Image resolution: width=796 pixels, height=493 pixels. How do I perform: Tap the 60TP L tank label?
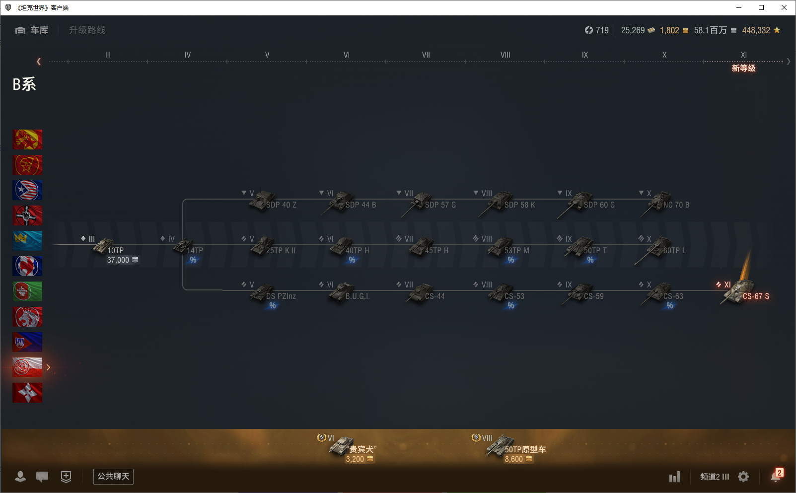point(674,251)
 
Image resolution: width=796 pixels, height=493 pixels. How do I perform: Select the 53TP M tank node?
point(509,248)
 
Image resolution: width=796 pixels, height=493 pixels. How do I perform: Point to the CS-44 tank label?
point(434,296)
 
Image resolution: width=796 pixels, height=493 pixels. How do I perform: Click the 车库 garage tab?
point(32,30)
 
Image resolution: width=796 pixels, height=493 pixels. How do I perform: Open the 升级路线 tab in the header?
point(87,30)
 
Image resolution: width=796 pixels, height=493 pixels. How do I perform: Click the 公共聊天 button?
point(113,477)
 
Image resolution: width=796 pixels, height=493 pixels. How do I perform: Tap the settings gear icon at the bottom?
point(743,477)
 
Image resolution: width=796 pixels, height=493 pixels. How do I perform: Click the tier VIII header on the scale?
point(505,55)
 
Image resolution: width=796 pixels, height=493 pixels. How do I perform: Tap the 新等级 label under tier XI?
point(743,69)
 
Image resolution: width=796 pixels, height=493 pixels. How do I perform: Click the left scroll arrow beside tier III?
point(39,62)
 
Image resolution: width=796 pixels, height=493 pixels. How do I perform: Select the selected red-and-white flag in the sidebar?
point(27,367)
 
